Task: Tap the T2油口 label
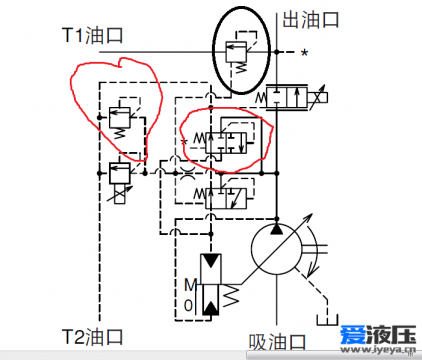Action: point(91,335)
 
